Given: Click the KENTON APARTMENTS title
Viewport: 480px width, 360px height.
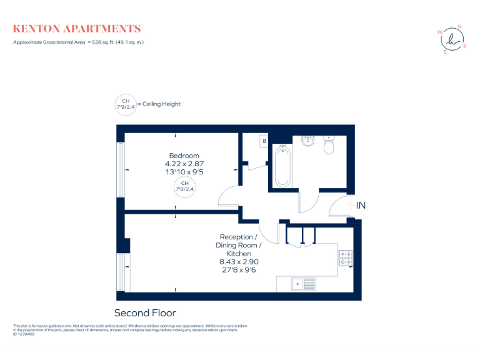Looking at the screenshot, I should (77, 29).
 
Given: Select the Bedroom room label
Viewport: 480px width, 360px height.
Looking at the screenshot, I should (184, 156).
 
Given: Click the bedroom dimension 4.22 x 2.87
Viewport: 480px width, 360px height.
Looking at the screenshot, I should (184, 164).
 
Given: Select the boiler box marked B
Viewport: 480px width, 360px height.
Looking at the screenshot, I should (264, 142).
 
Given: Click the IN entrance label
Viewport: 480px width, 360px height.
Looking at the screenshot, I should (361, 205).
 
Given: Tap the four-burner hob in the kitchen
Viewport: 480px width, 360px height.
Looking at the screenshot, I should (346, 257).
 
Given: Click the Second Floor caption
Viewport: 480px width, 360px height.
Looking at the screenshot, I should (145, 312).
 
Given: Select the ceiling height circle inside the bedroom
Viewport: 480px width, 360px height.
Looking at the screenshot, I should (184, 186).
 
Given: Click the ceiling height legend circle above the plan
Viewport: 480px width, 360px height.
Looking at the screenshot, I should (125, 104).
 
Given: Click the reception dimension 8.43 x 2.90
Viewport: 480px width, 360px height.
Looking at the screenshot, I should (236, 262).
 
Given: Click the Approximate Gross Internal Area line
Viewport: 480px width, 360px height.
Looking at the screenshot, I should (79, 42).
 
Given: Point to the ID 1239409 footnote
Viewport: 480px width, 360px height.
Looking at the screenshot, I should (24, 334).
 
